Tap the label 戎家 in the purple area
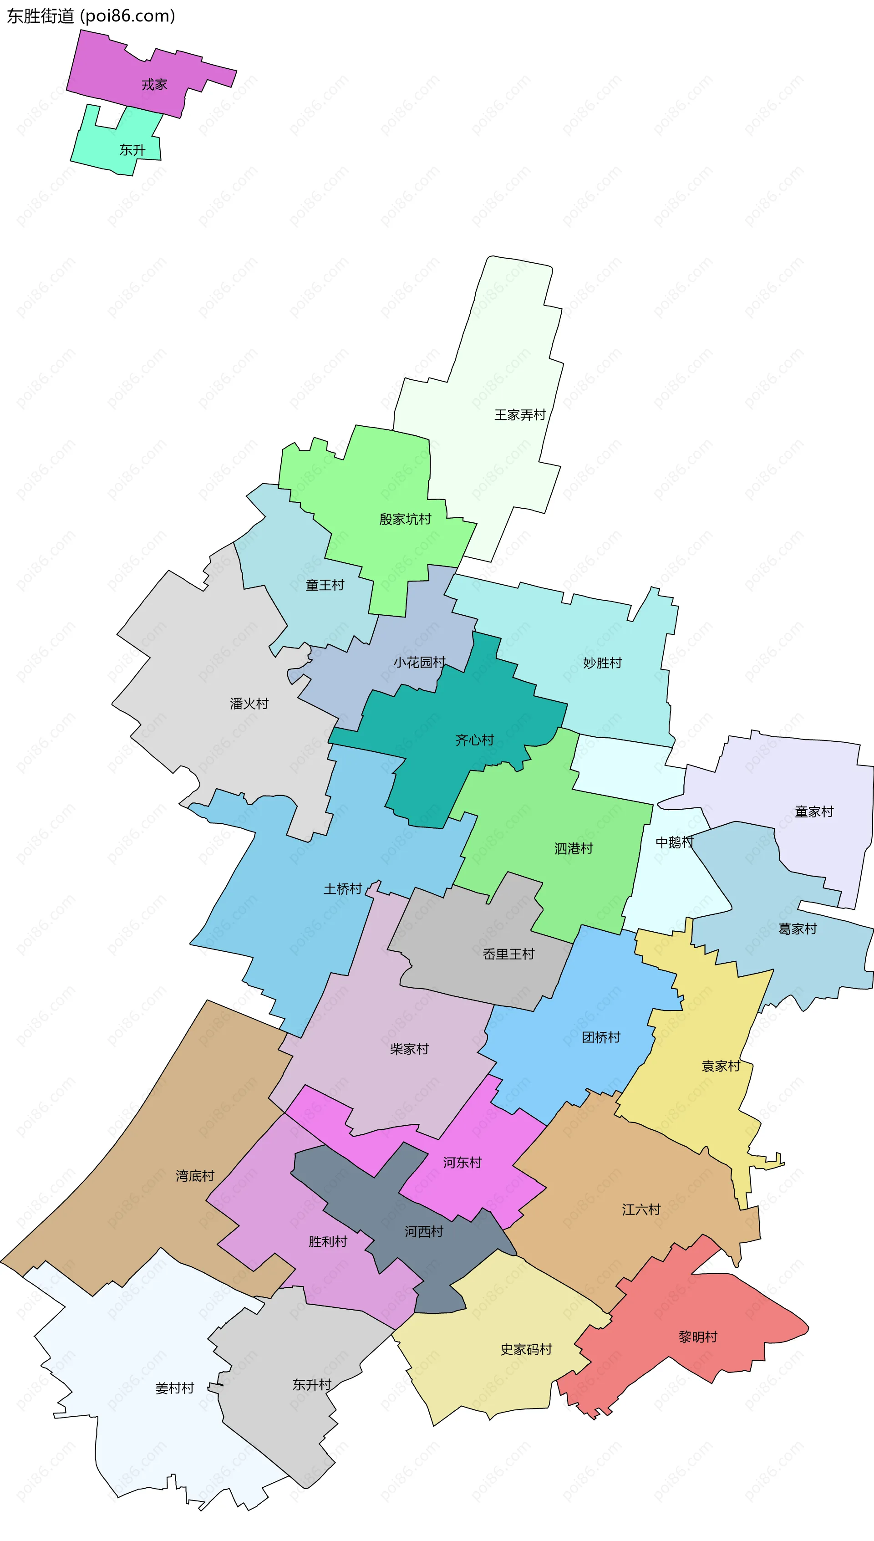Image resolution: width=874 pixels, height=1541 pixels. [154, 85]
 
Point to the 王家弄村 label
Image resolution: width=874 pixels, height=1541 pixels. [520, 415]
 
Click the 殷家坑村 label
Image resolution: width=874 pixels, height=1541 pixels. [405, 519]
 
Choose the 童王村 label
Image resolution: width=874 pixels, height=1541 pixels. [325, 585]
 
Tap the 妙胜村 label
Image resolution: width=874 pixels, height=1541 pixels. [602, 663]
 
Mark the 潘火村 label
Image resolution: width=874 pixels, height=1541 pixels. [249, 704]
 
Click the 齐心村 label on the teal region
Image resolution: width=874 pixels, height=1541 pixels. [474, 740]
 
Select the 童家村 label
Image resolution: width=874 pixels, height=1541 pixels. [814, 811]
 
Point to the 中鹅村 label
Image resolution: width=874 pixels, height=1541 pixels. [674, 842]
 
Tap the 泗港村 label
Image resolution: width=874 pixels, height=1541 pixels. [573, 848]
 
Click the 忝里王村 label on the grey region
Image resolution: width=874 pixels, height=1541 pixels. [508, 954]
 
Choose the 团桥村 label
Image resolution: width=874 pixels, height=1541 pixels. [601, 1037]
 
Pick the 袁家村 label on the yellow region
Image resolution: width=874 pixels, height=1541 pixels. [721, 1066]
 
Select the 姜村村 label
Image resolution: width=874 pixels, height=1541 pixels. [175, 1388]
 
